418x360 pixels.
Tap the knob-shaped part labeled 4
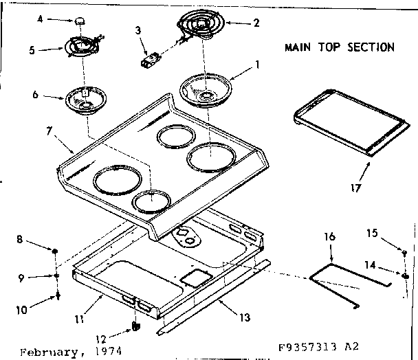coord(80,21)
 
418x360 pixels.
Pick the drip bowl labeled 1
coord(205,89)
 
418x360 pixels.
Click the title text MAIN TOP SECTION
coord(340,47)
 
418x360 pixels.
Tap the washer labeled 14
coord(406,276)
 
